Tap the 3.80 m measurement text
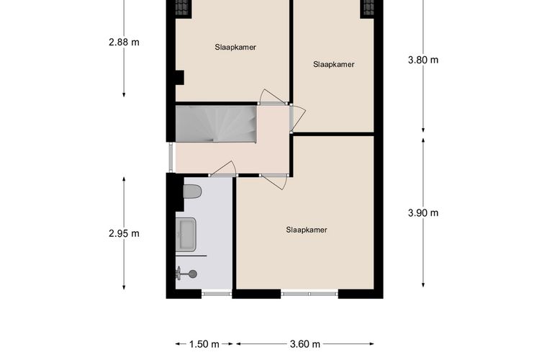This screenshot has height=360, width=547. [422, 60]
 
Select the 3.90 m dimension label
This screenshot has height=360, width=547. [422, 212]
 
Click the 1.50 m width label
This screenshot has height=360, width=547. [204, 344]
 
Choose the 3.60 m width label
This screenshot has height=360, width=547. [306, 344]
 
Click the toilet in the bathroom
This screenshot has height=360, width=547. [192, 192]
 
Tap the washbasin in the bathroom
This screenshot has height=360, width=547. [187, 235]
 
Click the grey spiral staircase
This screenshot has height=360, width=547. [217, 124]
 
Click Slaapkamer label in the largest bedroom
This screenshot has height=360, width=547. [307, 230]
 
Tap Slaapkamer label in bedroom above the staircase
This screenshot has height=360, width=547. [235, 48]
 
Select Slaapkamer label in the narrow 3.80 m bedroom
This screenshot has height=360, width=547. [334, 64]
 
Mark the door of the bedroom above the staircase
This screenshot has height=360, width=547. [272, 97]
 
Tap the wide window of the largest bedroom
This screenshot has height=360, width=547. [309, 293]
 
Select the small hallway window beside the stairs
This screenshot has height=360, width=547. [171, 158]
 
